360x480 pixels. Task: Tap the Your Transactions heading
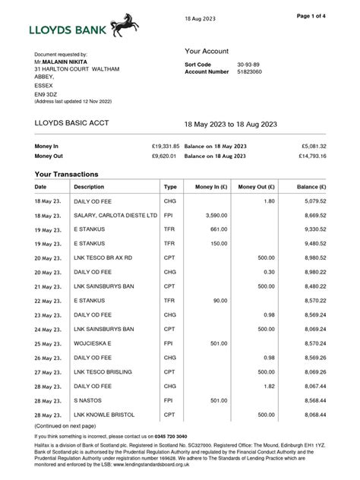[x=67, y=174]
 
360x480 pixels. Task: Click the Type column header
[x=170, y=186]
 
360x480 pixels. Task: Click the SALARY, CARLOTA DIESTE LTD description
[x=115, y=216]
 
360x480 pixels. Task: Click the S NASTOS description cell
[x=90, y=400]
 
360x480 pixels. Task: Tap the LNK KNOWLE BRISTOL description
[x=104, y=415]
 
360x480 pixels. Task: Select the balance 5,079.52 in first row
[x=311, y=201]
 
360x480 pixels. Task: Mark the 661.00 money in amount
[x=218, y=229]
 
